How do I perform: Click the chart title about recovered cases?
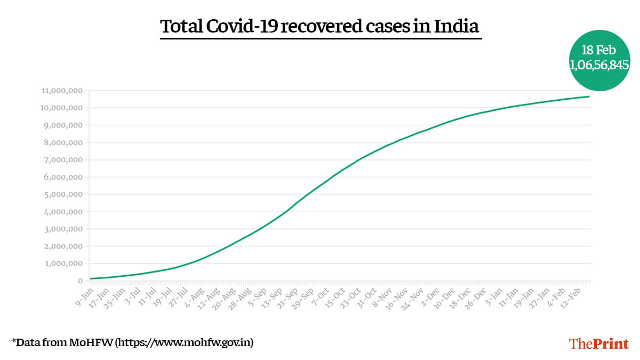[x=320, y=27]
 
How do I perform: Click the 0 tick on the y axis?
[x=80, y=281]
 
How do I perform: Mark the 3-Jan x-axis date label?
[x=494, y=295]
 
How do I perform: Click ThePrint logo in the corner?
[x=598, y=343]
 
